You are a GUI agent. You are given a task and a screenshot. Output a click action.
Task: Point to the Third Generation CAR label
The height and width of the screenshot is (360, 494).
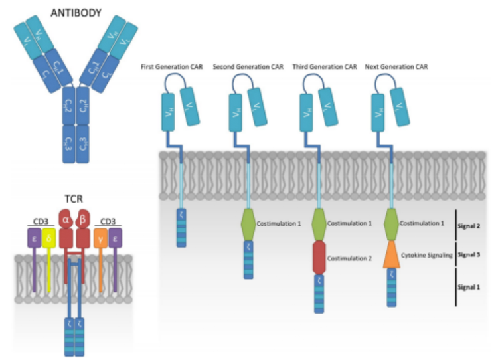[x=319, y=68]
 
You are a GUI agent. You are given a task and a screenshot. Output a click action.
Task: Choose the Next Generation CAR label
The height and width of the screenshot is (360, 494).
[x=396, y=68]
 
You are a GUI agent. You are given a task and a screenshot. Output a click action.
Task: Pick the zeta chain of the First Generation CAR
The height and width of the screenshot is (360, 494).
[x=181, y=228]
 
